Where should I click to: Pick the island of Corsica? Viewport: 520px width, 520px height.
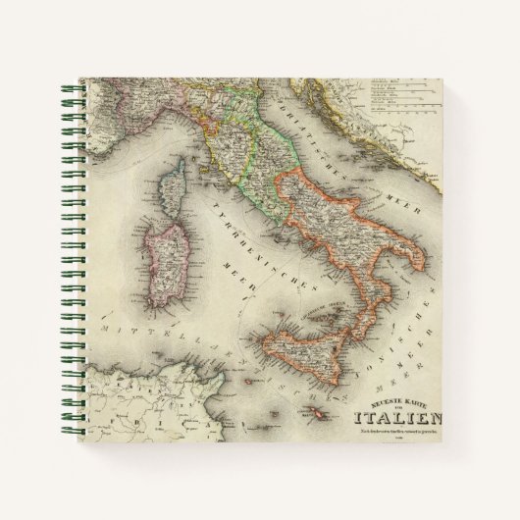pyautogui.click(x=178, y=199)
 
